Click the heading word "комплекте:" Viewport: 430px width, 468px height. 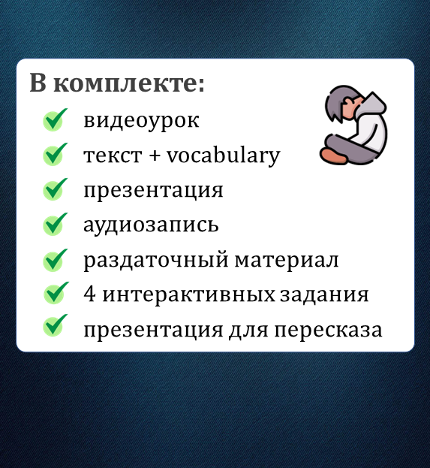[129, 83]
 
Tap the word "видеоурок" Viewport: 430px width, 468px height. [141, 121]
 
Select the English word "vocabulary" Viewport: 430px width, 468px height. [223, 155]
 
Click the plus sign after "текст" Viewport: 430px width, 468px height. [154, 156]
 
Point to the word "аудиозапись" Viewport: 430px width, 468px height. [151, 225]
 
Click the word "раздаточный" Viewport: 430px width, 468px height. [156, 260]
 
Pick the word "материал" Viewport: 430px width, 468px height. [287, 261]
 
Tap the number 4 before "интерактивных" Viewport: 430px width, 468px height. [89, 294]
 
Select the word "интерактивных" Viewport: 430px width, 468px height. [188, 294]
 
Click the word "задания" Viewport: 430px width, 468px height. [324, 294]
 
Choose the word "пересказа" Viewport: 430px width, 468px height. [328, 330]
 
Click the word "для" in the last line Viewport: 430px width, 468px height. [248, 331]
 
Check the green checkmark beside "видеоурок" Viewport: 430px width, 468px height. [55, 119]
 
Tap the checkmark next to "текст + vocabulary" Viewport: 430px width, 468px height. [55, 154]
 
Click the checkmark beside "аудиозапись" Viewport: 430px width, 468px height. [55, 224]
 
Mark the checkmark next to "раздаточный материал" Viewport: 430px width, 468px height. [55, 260]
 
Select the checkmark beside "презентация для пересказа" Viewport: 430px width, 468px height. [55, 325]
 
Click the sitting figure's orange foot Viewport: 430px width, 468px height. [333, 155]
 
